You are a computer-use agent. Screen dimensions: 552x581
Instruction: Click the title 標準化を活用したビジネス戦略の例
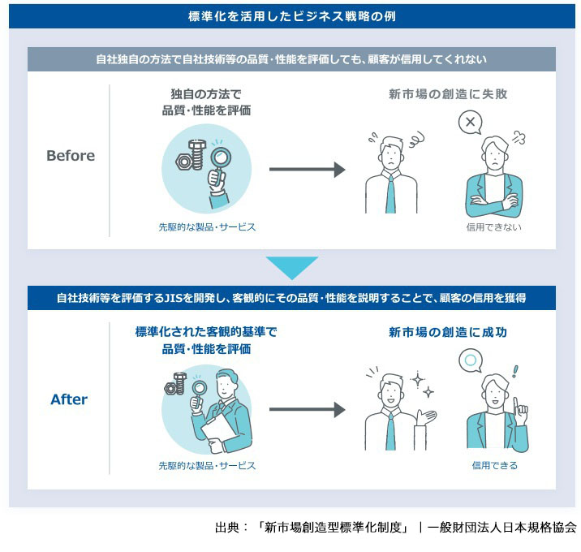click(x=291, y=15)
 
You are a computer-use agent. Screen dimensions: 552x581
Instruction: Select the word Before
click(x=71, y=156)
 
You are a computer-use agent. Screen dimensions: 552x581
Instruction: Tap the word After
click(x=69, y=399)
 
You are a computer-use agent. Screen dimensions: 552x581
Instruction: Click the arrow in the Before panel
click(x=307, y=169)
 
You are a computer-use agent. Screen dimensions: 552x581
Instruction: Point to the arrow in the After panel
click(x=307, y=410)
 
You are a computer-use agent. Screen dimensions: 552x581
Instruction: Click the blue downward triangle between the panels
click(x=291, y=268)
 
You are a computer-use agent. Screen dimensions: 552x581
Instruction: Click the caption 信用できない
click(x=493, y=227)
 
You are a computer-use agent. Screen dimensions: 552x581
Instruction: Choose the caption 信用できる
click(x=494, y=466)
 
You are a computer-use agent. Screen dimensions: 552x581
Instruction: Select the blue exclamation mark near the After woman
click(x=514, y=374)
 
